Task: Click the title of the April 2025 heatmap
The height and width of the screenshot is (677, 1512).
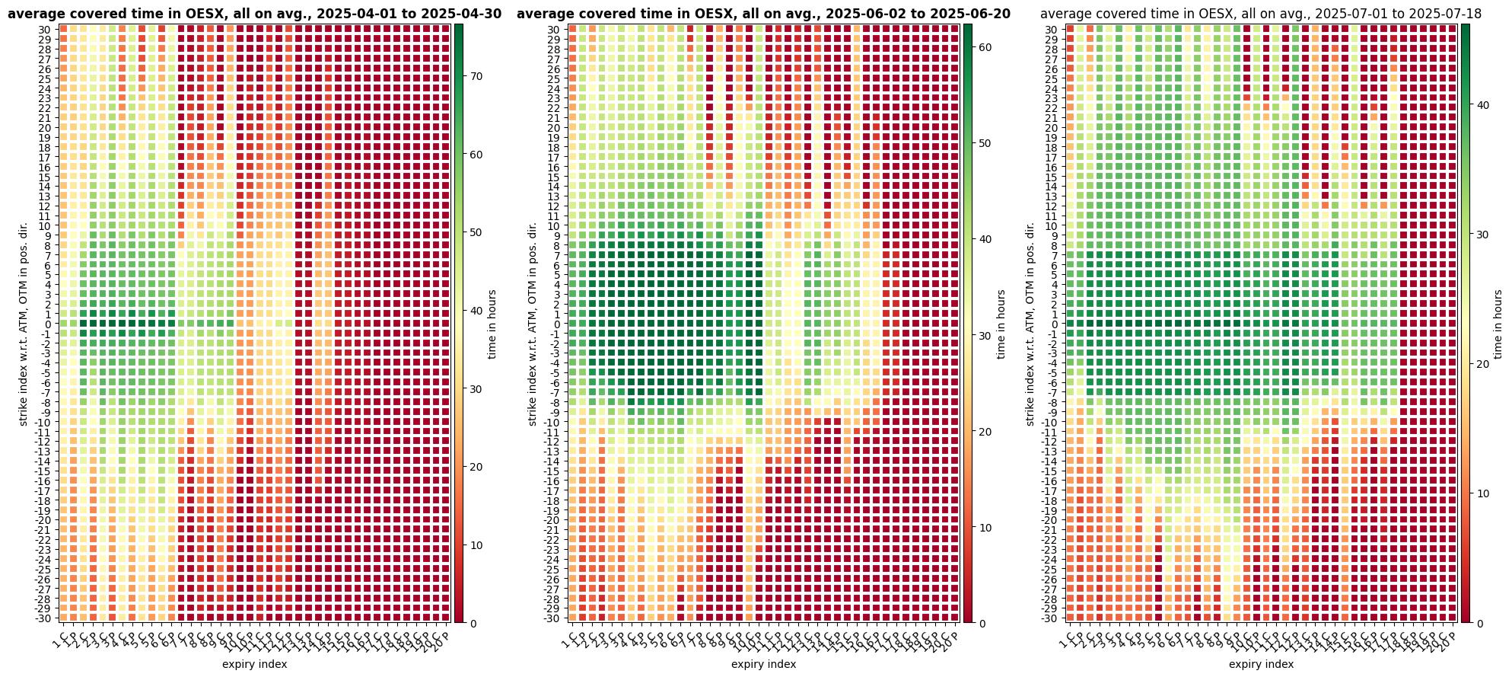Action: [x=254, y=14]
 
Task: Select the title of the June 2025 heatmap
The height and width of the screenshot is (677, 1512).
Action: [x=763, y=14]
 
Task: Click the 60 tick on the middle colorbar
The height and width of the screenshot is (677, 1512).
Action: [x=984, y=47]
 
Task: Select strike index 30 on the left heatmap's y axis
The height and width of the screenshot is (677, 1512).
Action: [x=44, y=30]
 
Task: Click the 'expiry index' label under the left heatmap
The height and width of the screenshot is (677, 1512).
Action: [x=254, y=665]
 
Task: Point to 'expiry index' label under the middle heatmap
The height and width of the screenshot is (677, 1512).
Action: [x=763, y=665]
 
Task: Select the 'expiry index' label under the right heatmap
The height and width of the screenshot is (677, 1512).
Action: [x=1261, y=665]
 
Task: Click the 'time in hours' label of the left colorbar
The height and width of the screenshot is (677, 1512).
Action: [x=492, y=324]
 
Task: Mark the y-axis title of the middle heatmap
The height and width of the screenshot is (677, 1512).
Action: [x=533, y=324]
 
